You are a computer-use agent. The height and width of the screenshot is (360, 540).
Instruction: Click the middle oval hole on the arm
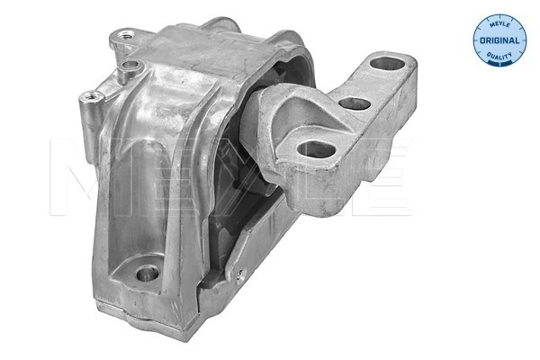click(356, 103)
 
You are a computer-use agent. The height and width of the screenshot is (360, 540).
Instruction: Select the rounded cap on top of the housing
click(225, 27)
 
